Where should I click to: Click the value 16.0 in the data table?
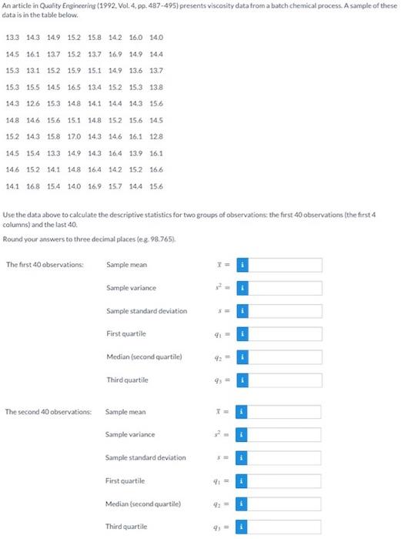click(x=136, y=37)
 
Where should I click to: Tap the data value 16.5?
click(x=75, y=86)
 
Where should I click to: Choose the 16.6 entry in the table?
click(x=156, y=169)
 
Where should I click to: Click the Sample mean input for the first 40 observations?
click(x=285, y=265)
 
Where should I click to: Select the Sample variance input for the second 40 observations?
click(x=285, y=434)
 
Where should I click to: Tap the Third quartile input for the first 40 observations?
click(x=285, y=380)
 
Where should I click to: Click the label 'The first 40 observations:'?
click(x=45, y=265)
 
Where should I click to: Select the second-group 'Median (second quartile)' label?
click(x=144, y=504)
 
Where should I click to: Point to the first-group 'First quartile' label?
click(x=126, y=334)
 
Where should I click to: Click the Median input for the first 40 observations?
click(x=285, y=357)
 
